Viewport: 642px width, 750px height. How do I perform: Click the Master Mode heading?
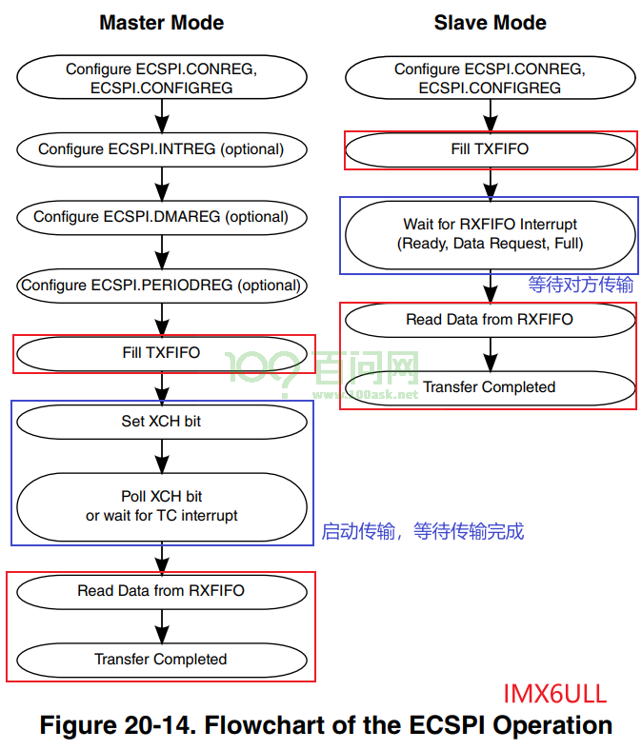click(161, 23)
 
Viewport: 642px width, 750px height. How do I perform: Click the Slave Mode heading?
click(491, 23)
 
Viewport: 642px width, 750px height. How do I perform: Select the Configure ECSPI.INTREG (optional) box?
click(162, 149)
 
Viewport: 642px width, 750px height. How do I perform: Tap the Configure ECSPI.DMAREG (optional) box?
click(162, 217)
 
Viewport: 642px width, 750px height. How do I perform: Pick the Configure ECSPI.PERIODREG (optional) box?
click(162, 286)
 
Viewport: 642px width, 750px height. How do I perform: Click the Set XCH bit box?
click(162, 422)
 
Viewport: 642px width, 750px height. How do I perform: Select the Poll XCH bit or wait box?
click(162, 506)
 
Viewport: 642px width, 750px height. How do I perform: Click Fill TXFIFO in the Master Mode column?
click(162, 353)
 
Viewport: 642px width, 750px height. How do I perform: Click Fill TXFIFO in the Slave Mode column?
click(491, 149)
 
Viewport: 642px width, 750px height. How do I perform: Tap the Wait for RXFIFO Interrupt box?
click(491, 234)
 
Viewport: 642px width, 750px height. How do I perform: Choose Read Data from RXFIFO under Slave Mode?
click(491, 320)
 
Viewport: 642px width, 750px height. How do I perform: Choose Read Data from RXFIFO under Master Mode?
click(162, 591)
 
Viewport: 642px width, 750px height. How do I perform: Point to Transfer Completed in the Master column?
click(162, 660)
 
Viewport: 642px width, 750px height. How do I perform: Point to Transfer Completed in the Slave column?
click(491, 387)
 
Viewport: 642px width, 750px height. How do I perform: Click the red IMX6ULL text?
click(555, 694)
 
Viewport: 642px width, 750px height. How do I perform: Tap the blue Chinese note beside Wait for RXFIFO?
click(581, 285)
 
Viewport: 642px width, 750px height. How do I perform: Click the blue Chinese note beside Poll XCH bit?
click(422, 531)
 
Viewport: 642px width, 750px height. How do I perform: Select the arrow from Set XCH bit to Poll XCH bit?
click(162, 456)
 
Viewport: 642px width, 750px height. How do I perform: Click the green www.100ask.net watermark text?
click(365, 394)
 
